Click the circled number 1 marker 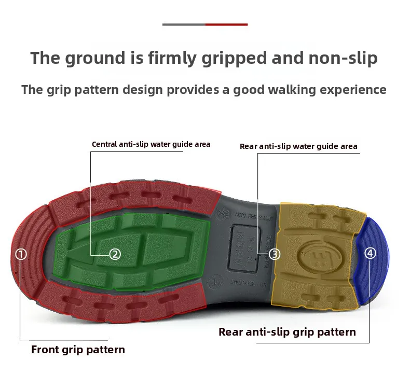tap(21, 254)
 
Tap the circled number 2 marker tap(115, 254)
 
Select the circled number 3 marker tap(275, 254)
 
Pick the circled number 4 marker tap(370, 253)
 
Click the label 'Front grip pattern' tap(78, 349)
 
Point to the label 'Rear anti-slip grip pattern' tap(287, 332)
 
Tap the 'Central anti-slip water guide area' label tap(151, 144)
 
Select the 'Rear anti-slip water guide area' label tap(298, 146)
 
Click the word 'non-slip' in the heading tap(343, 58)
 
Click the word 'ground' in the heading tap(95, 58)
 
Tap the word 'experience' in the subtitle tap(359, 90)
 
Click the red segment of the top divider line tap(226, 24)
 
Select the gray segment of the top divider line tap(184, 24)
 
